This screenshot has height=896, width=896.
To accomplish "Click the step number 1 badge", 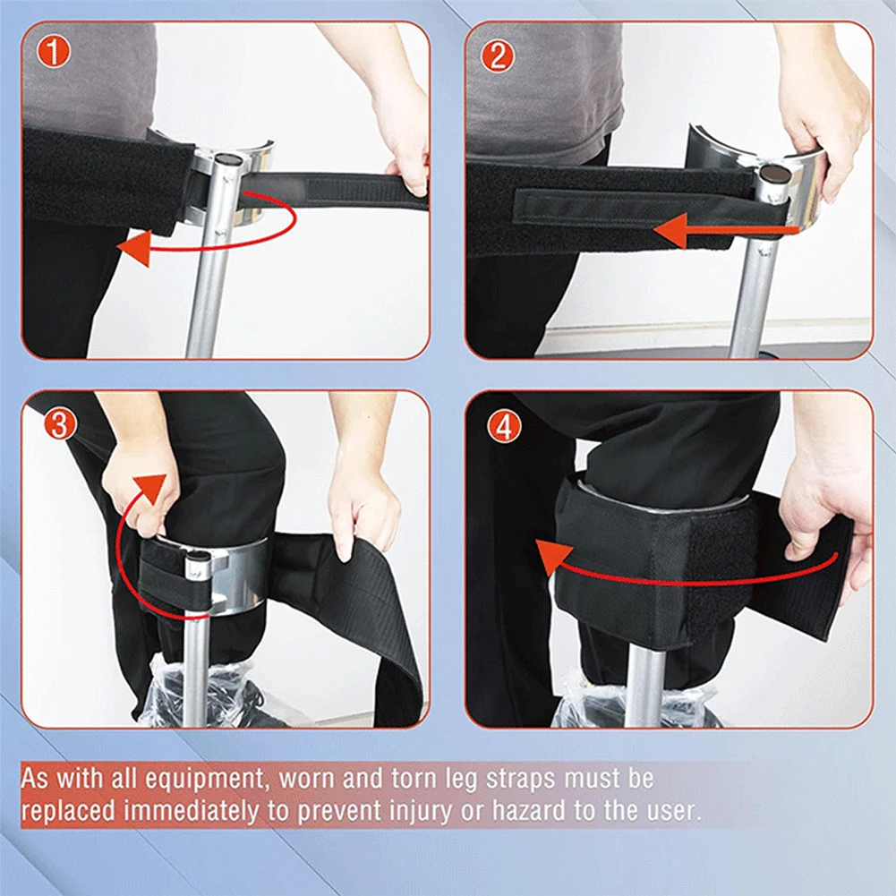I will tap(55, 54).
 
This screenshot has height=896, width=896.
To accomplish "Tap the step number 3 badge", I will tap(60, 424).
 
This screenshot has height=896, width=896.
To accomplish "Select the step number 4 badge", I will tap(503, 426).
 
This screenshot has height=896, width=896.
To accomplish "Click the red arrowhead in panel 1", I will tap(134, 249).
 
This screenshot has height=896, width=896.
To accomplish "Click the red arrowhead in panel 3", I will tap(153, 491).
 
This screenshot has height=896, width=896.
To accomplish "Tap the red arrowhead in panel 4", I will tap(552, 553).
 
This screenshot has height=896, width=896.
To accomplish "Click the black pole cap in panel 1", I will tap(230, 158).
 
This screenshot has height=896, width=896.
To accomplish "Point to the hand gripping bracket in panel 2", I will tap(819, 116).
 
